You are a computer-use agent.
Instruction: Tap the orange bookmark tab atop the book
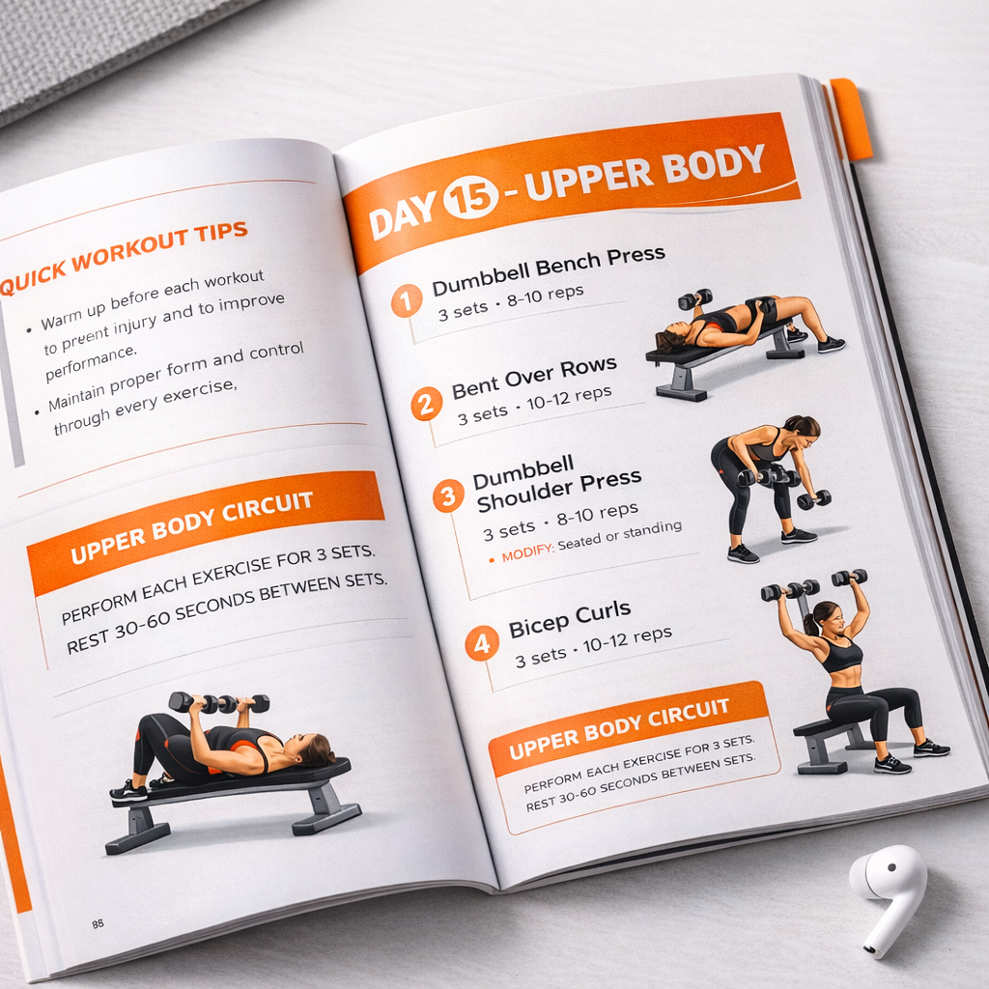point(851,119)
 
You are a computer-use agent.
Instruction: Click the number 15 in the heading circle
point(470,199)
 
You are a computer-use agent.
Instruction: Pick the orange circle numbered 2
point(426,403)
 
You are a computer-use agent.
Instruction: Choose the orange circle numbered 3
point(447,496)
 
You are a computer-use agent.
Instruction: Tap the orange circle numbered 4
point(482,643)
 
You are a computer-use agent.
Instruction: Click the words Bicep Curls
point(569,617)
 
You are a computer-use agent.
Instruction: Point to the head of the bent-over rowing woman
point(803,428)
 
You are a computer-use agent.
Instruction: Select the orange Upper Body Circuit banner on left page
point(206,528)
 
